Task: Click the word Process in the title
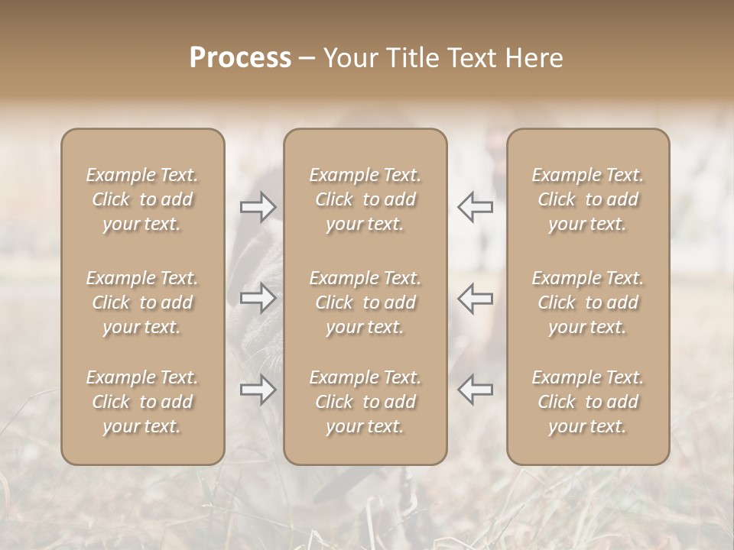point(240,58)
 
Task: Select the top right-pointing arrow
point(258,206)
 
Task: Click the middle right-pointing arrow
point(258,298)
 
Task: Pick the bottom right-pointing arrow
point(258,390)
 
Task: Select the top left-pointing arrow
point(476,206)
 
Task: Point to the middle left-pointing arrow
point(476,298)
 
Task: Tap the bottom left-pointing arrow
point(476,390)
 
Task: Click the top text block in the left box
point(142,199)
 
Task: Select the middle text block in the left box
point(142,302)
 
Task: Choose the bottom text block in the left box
point(142,402)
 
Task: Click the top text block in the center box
point(365,199)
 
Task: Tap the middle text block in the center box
point(365,302)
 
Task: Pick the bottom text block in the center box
point(365,402)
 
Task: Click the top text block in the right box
point(587,199)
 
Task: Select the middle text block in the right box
point(587,302)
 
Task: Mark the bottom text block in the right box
point(587,402)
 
